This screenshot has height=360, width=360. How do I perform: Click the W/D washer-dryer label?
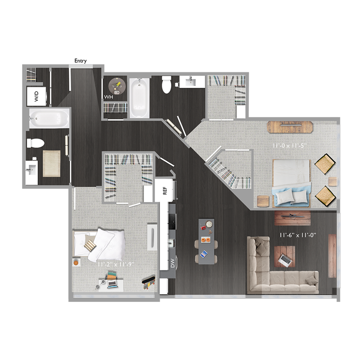(x=36, y=95)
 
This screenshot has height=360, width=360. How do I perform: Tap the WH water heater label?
(x=108, y=97)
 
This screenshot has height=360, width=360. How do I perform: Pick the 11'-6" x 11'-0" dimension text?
(x=296, y=235)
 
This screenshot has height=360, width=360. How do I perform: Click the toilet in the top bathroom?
(x=166, y=85)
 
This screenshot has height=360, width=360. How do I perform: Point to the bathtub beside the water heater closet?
(x=140, y=98)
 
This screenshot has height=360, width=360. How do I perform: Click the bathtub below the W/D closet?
(x=49, y=118)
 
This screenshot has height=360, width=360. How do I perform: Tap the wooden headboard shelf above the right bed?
(x=290, y=127)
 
